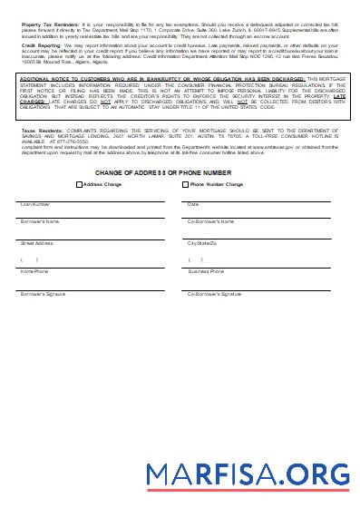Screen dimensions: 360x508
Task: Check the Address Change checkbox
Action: click(x=79, y=184)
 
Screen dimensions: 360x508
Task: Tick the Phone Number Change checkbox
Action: click(x=186, y=184)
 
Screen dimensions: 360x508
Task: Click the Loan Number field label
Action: click(x=35, y=204)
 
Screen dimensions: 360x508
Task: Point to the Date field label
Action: click(x=193, y=204)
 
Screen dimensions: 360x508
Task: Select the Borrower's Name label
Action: click(x=40, y=221)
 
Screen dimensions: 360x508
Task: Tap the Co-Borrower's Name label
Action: click(x=210, y=221)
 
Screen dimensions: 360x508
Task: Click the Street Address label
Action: click(x=37, y=243)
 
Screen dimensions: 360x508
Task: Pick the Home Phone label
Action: click(x=34, y=271)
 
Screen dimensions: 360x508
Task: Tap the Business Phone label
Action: click(x=206, y=271)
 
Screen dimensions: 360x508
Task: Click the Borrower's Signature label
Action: click(x=44, y=294)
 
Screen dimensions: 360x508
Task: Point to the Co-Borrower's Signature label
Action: click(x=214, y=294)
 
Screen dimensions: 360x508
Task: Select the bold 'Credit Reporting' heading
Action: click(x=37, y=43)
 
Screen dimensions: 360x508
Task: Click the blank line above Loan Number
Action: click(x=91, y=199)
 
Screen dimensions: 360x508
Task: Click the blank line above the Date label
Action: click(x=263, y=199)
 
